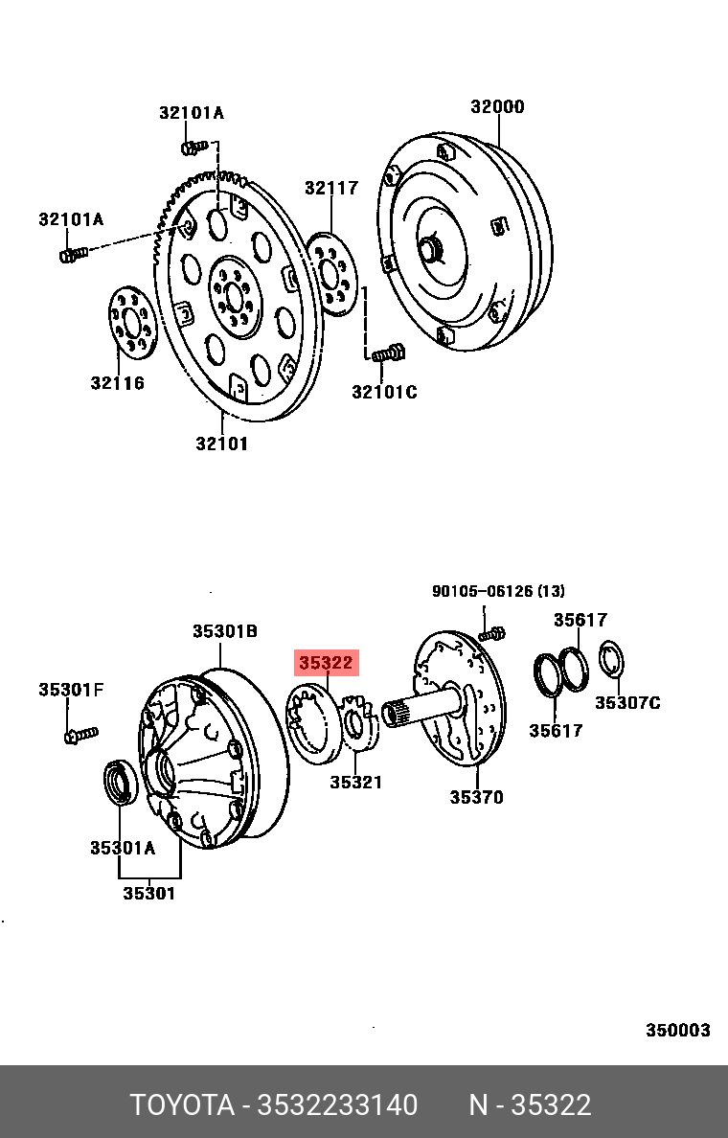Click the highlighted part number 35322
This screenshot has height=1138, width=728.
click(326, 662)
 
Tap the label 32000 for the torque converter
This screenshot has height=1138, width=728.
click(496, 106)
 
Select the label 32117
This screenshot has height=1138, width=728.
click(331, 188)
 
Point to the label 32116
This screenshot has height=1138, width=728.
click(118, 383)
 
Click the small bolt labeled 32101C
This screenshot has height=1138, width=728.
click(387, 354)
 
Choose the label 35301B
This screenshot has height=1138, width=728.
click(224, 631)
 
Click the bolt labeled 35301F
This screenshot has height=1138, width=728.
click(80, 735)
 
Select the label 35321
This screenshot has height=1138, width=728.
click(356, 783)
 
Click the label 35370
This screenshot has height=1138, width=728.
click(476, 797)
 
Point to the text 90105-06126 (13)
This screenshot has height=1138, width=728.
click(498, 591)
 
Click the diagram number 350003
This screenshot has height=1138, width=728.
click(677, 1030)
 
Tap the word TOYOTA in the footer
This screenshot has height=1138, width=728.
click(182, 1105)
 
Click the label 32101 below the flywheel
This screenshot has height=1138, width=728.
click(221, 444)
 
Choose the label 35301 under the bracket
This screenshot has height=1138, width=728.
click(148, 894)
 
